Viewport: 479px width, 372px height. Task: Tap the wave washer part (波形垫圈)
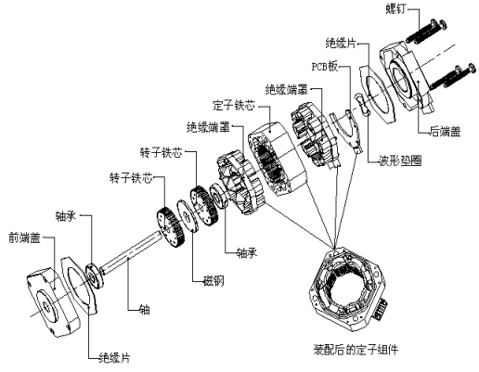360,109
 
